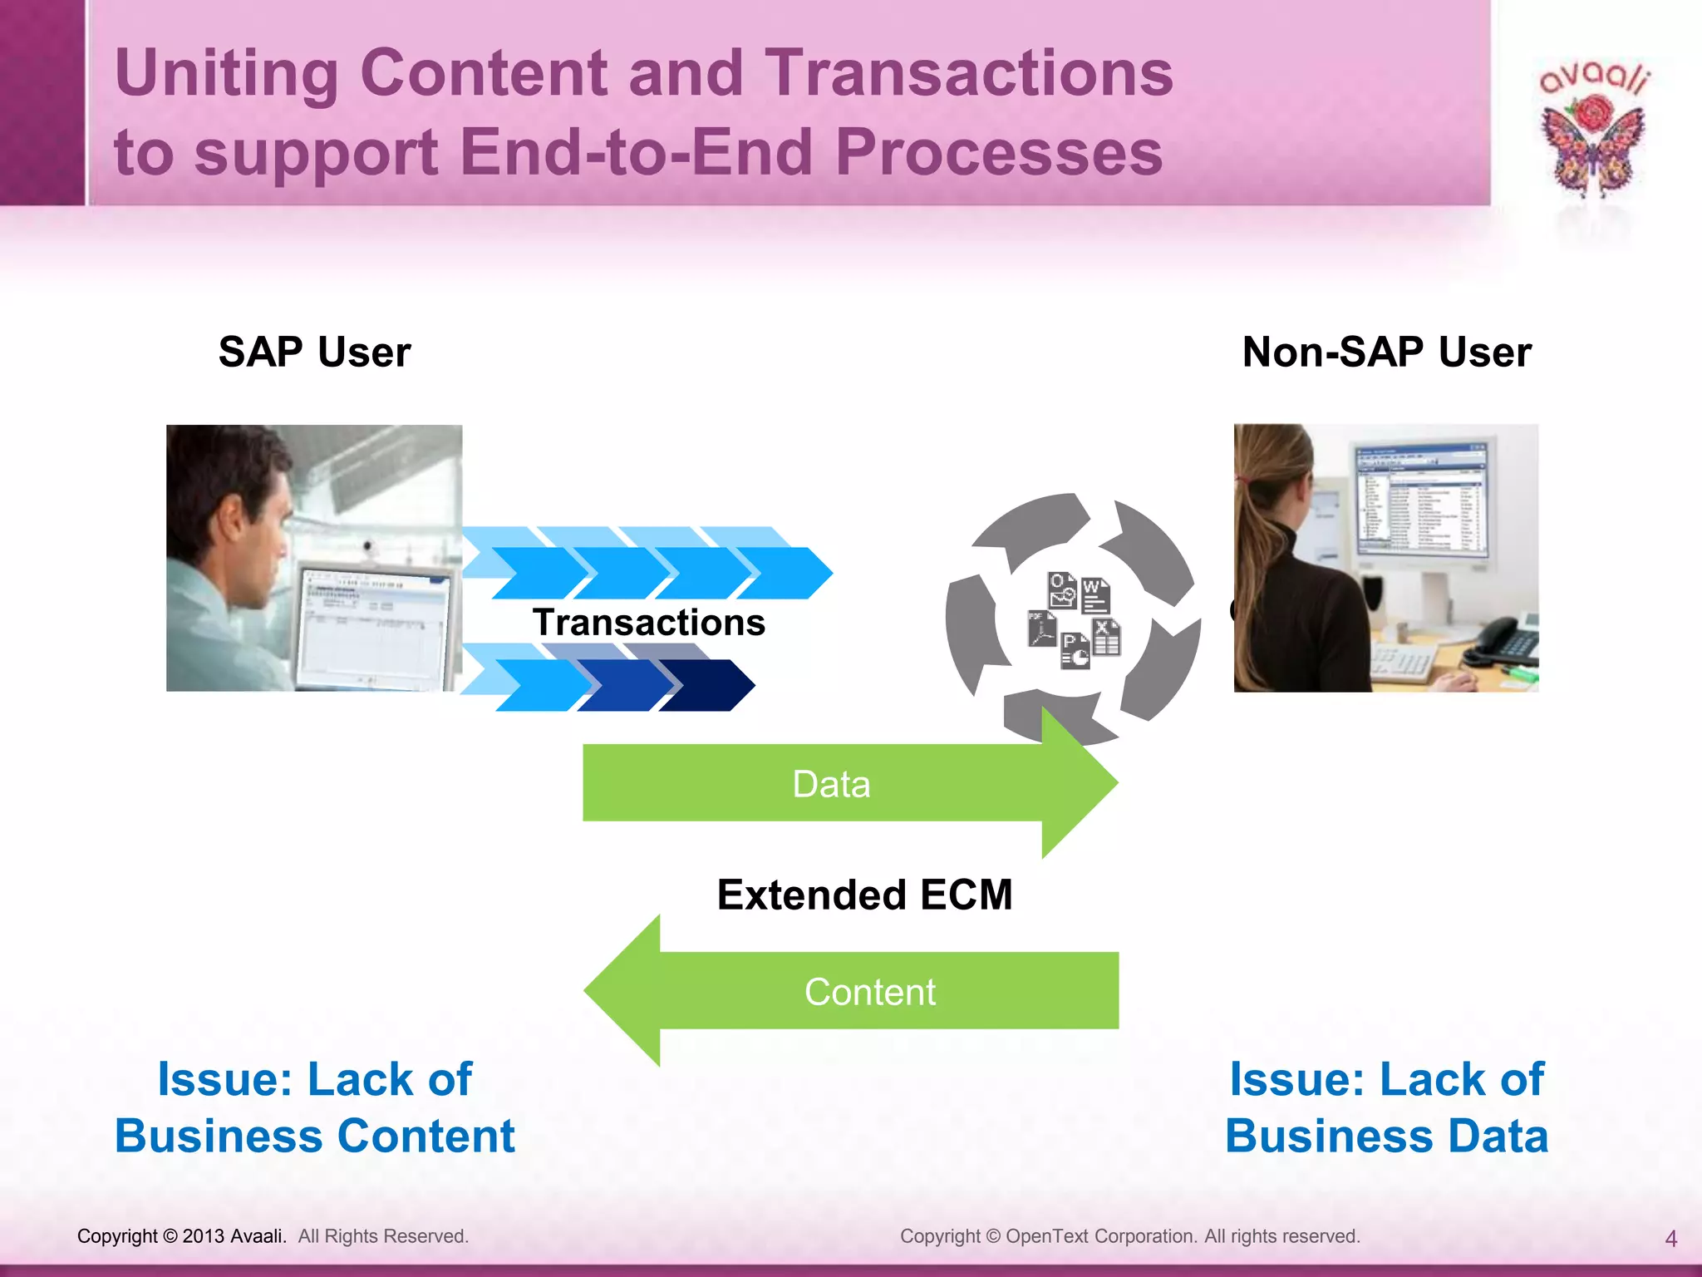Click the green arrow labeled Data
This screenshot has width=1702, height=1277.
[831, 783]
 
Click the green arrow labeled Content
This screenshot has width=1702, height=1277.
[869, 991]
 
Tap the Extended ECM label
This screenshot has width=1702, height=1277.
[864, 895]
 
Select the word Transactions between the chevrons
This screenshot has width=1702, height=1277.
[648, 623]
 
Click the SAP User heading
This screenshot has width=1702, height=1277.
[314, 352]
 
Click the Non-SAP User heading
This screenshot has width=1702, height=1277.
[1386, 352]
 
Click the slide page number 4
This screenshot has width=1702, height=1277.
[1670, 1239]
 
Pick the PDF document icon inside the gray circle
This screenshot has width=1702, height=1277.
[1041, 629]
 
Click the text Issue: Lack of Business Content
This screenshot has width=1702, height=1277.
[314, 1107]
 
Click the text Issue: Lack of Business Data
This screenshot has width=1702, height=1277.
[1386, 1107]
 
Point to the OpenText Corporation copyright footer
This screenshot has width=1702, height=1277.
[1129, 1236]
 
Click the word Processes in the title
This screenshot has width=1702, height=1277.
[998, 153]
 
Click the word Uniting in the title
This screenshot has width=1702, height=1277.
[225, 73]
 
